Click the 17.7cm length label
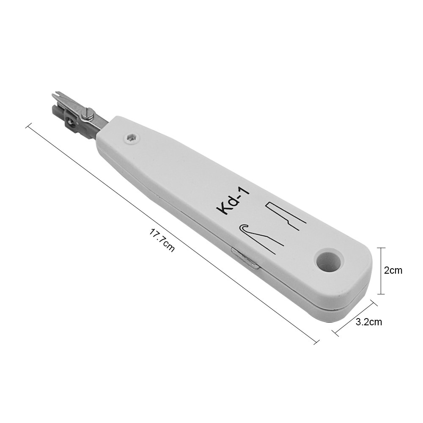[x=162, y=241]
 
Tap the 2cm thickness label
[x=393, y=271]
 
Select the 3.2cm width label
[x=369, y=322]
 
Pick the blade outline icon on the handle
[x=284, y=216]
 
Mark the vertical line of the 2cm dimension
[x=382, y=271]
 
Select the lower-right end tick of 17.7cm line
[x=316, y=341]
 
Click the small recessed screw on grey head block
[x=70, y=123]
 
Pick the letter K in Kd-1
[x=222, y=209]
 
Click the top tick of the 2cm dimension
[x=382, y=248]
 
